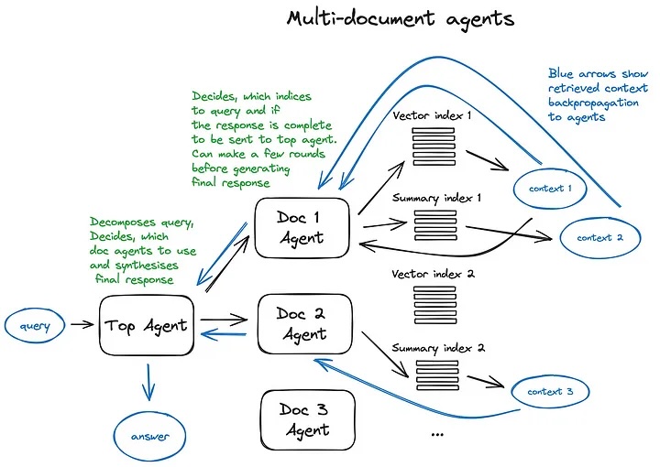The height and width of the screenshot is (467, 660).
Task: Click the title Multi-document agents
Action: pyautogui.click(x=400, y=18)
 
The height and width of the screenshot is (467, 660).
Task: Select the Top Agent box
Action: pyautogui.click(x=146, y=324)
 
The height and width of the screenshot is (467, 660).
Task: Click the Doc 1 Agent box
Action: pyautogui.click(x=302, y=227)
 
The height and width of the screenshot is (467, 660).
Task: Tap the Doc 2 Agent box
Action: pyautogui.click(x=302, y=324)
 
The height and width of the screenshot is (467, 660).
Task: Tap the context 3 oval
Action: pyautogui.click(x=550, y=392)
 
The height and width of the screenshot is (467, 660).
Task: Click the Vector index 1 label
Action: pyautogui.click(x=432, y=116)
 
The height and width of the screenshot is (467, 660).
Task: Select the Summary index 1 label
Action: pyautogui.click(x=436, y=197)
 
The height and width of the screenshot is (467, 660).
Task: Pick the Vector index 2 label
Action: pyautogui.click(x=433, y=274)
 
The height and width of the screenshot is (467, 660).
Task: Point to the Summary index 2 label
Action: pyautogui.click(x=437, y=348)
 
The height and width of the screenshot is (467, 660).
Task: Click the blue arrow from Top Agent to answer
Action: pyautogui.click(x=148, y=381)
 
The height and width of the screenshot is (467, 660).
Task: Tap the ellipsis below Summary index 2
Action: pyautogui.click(x=436, y=432)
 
